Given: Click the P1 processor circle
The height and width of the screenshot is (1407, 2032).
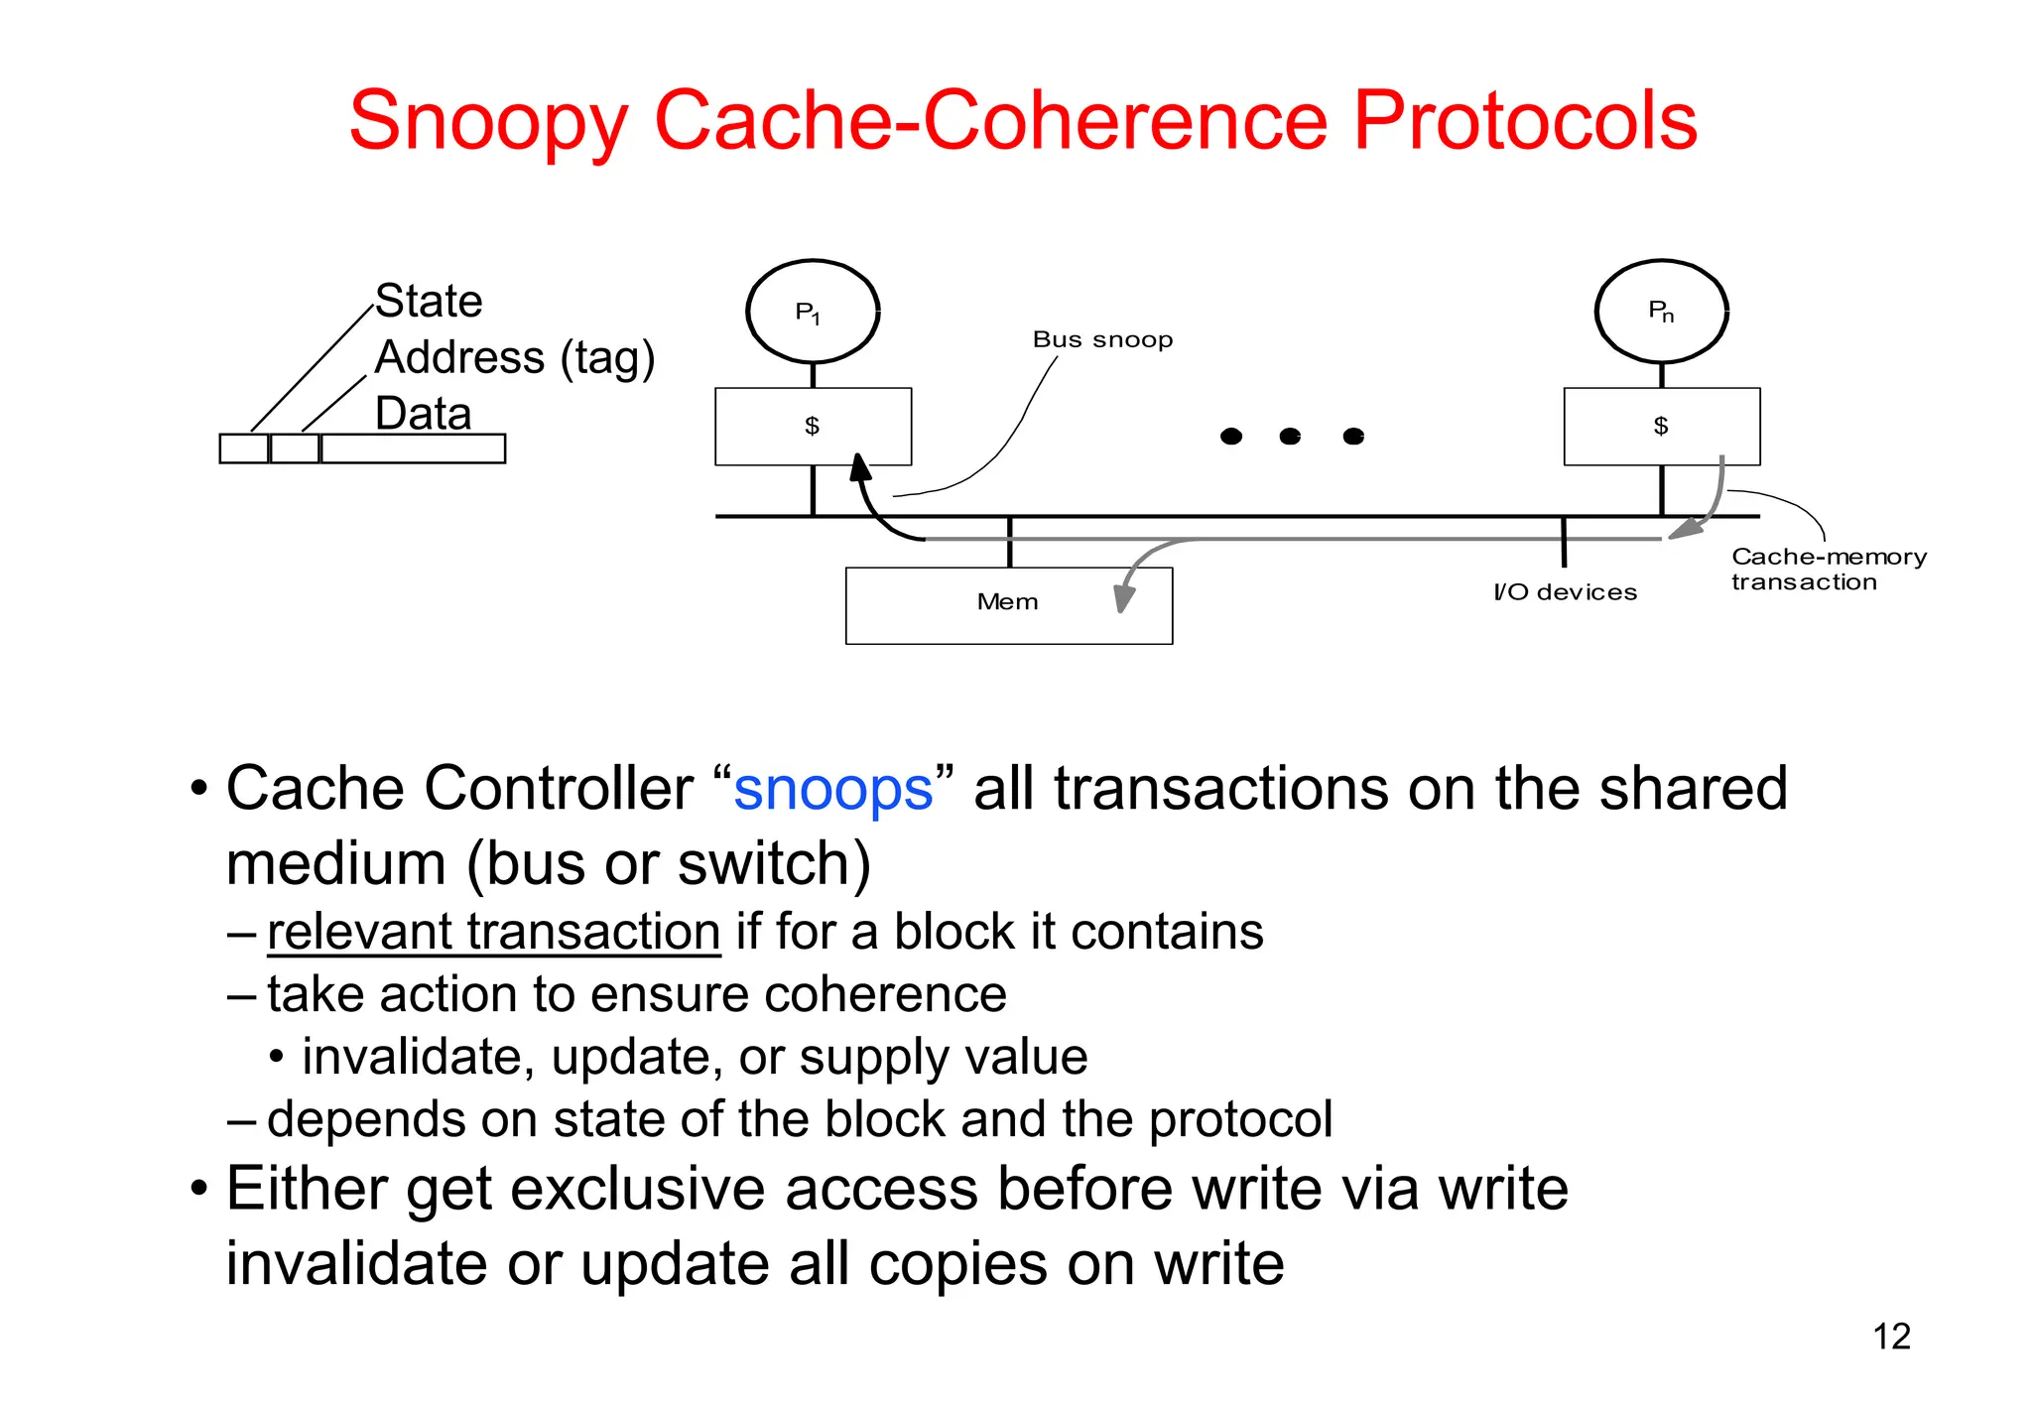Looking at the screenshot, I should (x=813, y=312).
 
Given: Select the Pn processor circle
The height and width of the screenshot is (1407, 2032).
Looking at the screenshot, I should (x=1662, y=312).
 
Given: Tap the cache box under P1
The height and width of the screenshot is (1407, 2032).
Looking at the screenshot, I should (x=813, y=427).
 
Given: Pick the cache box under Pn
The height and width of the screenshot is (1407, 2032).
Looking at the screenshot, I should (x=1662, y=427).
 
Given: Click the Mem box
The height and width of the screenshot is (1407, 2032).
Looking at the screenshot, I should (x=1008, y=605).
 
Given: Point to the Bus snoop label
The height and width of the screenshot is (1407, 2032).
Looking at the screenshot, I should (x=1102, y=339).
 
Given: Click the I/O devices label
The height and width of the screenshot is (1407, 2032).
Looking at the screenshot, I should (x=1565, y=592).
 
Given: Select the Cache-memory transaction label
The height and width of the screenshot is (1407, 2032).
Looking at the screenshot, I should (x=1829, y=570).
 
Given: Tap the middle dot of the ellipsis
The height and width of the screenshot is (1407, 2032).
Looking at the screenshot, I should (x=1290, y=437).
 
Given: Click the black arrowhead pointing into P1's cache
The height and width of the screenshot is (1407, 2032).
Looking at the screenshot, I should (x=860, y=467).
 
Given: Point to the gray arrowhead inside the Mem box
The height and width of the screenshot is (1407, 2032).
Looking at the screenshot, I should (x=1123, y=598).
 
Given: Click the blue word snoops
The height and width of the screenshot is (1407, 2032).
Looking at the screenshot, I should (x=833, y=790).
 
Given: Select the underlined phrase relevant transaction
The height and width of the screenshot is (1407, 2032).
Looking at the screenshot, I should (x=493, y=933).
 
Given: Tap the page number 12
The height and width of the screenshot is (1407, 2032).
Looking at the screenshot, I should (x=1891, y=1337).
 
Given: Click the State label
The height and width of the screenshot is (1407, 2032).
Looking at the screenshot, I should (x=429, y=301).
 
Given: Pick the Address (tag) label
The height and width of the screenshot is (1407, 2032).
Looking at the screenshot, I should (x=515, y=357).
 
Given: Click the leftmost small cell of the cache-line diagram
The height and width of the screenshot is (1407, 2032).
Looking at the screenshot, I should (x=244, y=448).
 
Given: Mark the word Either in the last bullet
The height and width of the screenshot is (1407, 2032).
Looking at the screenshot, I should (x=307, y=1189).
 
